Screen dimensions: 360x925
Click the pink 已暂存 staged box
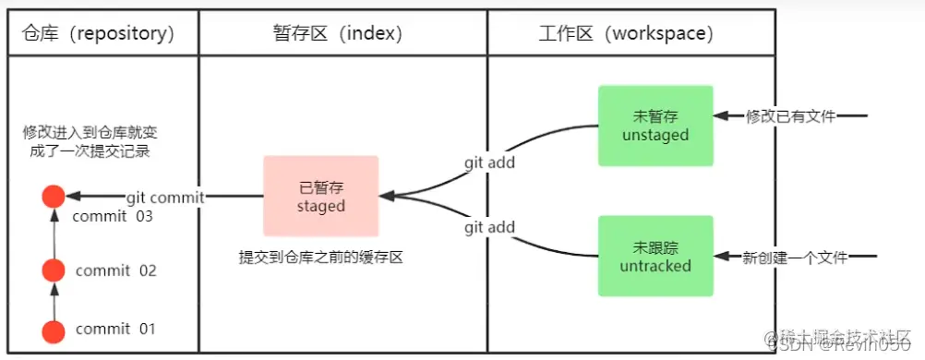(x=320, y=197)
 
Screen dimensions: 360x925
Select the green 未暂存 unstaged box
(x=655, y=126)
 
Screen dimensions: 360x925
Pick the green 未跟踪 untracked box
(x=655, y=256)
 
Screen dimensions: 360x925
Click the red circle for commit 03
(x=54, y=197)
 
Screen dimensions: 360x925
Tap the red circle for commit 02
(x=54, y=270)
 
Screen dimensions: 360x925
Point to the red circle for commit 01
(x=54, y=330)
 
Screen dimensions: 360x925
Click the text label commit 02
(x=116, y=271)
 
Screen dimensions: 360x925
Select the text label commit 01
(x=116, y=330)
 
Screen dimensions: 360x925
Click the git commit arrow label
(x=165, y=197)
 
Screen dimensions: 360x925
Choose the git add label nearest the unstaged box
(x=489, y=163)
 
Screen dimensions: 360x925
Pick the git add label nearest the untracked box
(x=489, y=227)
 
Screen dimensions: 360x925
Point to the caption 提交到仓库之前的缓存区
(x=320, y=258)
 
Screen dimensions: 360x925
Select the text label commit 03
(x=113, y=217)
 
